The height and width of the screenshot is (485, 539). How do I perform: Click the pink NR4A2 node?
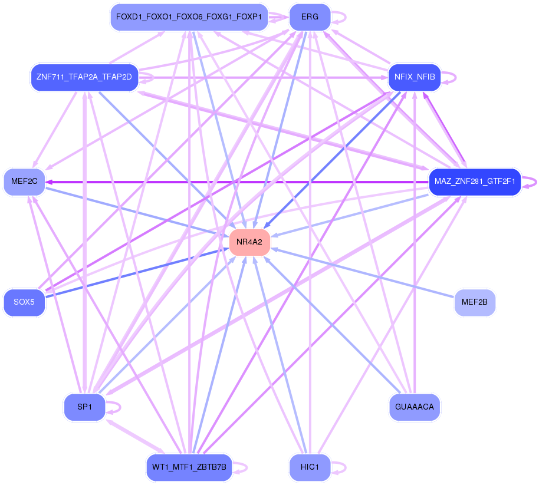pyautogui.click(x=249, y=242)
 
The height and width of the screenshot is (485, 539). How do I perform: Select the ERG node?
pyautogui.click(x=310, y=17)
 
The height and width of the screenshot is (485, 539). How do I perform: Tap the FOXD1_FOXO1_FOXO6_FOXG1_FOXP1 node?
pyautogui.click(x=189, y=17)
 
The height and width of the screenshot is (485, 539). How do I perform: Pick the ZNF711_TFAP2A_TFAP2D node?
pyautogui.click(x=84, y=77)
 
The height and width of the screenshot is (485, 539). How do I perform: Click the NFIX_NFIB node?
pyautogui.click(x=415, y=77)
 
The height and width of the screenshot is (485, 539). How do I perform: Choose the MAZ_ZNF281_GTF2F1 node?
pyautogui.click(x=475, y=182)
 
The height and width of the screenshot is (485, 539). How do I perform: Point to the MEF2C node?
pyautogui.click(x=24, y=182)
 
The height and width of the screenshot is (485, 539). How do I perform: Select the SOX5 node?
pyautogui.click(x=24, y=302)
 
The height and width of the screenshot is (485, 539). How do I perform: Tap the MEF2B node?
pyautogui.click(x=475, y=302)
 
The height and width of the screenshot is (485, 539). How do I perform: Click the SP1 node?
pyautogui.click(x=84, y=407)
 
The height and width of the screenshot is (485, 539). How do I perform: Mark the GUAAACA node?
pyautogui.click(x=415, y=407)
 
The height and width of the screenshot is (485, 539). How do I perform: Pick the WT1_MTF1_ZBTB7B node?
pyautogui.click(x=189, y=467)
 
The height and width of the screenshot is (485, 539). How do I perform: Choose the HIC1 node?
pyautogui.click(x=310, y=467)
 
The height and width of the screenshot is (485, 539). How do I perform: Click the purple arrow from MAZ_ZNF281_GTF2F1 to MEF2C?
pyautogui.click(x=236, y=182)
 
